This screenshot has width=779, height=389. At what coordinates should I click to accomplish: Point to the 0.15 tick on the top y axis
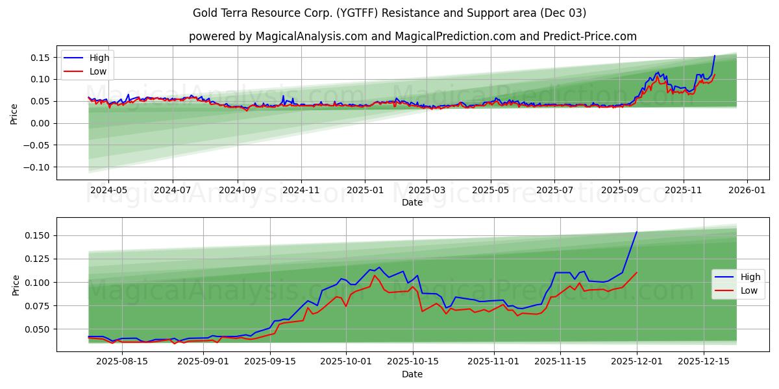tap(40, 58)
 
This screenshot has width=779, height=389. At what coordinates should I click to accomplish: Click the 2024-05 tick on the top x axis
tap(108, 191)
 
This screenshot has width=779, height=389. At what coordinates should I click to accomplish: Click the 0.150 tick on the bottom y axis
tap(38, 235)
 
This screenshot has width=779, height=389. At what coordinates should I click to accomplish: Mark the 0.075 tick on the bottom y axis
tap(38, 306)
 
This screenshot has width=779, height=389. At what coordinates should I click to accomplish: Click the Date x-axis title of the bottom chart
tap(412, 374)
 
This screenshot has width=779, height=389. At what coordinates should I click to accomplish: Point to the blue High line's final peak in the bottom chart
tap(636, 232)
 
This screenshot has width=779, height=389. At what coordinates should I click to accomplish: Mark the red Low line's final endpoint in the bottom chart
tap(636, 272)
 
